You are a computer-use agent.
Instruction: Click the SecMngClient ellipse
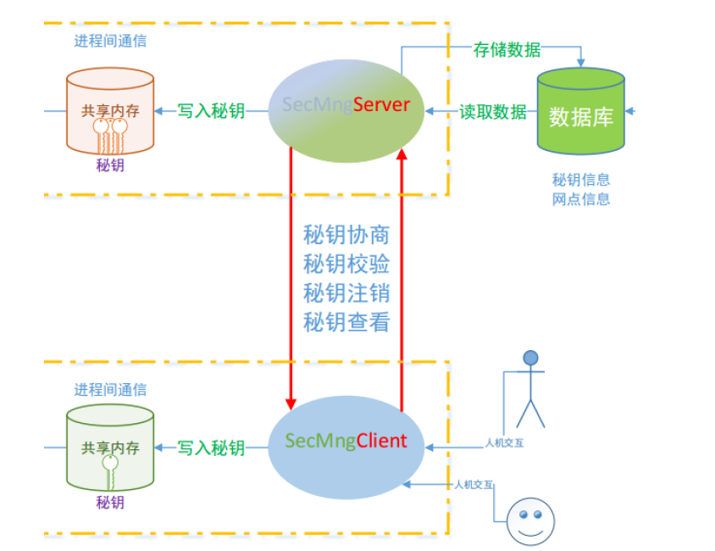(346, 442)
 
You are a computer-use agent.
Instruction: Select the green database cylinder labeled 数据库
(581, 115)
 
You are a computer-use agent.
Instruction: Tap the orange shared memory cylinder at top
(110, 112)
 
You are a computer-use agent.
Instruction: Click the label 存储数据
(507, 49)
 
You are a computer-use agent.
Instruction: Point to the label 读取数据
(492, 112)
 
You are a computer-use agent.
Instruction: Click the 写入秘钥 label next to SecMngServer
(211, 111)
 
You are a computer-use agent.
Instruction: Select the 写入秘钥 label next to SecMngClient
(211, 448)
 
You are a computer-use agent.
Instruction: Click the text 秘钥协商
(346, 235)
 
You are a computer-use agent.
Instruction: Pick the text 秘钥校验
(346, 264)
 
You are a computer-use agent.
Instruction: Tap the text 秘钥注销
(346, 292)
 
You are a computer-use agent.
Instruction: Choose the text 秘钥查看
(346, 321)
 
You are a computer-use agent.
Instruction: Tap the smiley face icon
(530, 519)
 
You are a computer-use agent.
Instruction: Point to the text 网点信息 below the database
(581, 200)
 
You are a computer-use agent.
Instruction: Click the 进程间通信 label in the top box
(110, 41)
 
